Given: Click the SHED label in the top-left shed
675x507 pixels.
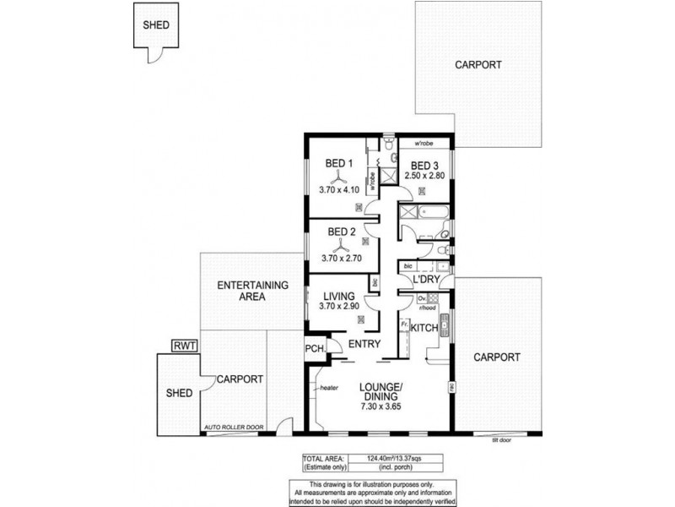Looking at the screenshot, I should [155, 25].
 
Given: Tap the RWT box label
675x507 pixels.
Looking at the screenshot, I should [181, 345].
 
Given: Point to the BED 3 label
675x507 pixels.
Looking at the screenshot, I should [424, 165].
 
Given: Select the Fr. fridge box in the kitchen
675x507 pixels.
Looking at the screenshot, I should [405, 324].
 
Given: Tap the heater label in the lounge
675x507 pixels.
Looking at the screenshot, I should [328, 388].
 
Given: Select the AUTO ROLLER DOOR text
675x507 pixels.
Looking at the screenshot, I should [234, 428].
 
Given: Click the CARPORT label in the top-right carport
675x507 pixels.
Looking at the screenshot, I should [478, 65].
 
